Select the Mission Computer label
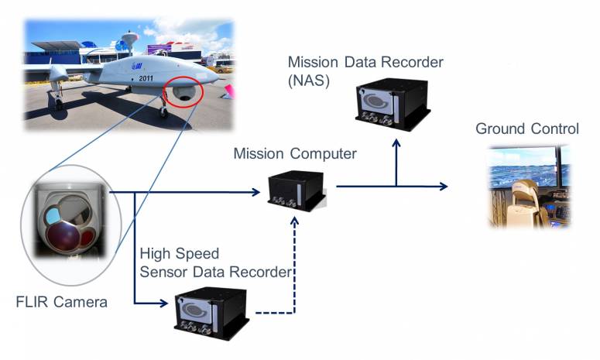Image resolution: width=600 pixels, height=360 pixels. tap(295, 154)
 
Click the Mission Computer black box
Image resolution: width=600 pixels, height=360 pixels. tap(297, 190)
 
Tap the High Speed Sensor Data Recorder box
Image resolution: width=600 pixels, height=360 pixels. tap(211, 314)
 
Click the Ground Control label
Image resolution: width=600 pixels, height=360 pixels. tap(526, 129)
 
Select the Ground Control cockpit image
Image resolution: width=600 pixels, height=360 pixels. tap(530, 186)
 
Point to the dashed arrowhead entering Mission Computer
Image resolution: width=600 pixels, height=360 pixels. tap(296, 220)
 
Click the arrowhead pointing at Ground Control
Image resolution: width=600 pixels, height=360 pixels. tap(443, 187)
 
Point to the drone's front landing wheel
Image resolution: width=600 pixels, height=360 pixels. tap(163, 113)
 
